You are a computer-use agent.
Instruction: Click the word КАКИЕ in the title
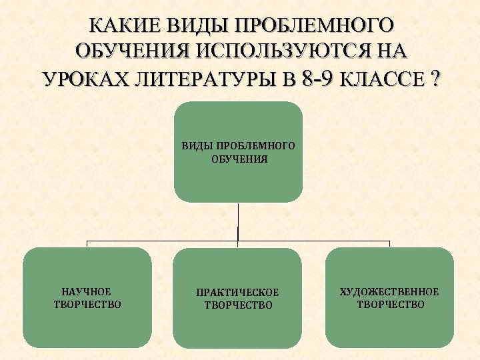[121, 25]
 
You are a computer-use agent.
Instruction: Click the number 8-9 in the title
[317, 78]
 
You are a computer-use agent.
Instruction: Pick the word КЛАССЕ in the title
[383, 79]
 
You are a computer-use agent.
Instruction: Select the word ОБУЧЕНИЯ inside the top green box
[238, 159]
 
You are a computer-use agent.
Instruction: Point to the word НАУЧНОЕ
[86, 291]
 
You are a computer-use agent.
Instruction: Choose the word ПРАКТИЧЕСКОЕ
[238, 293]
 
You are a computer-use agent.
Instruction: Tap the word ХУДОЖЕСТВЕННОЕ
[390, 291]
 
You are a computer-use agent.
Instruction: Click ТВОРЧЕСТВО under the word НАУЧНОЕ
[87, 305]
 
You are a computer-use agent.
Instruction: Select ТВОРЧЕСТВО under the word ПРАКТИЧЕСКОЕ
[238, 305]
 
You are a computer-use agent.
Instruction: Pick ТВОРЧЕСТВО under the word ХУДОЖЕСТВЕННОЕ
[390, 305]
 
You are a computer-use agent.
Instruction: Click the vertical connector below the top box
[238, 220]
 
